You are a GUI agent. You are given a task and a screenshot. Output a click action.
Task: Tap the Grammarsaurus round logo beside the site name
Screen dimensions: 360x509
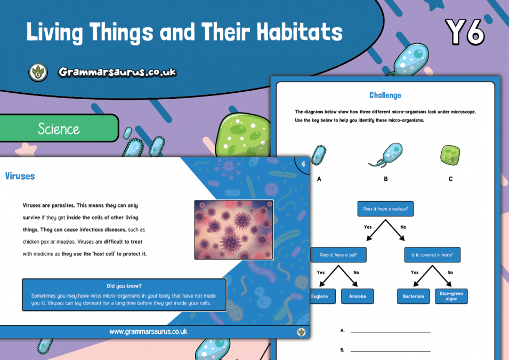click(38, 72)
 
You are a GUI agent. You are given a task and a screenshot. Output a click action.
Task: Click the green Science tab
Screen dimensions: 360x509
click(59, 129)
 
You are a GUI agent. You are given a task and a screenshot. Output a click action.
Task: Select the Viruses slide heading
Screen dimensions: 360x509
click(20, 175)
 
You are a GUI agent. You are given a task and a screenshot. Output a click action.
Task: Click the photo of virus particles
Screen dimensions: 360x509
click(233, 229)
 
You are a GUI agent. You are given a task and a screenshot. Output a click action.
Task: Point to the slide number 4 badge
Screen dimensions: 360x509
click(303, 164)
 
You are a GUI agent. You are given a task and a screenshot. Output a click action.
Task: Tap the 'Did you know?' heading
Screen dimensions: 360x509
click(124, 286)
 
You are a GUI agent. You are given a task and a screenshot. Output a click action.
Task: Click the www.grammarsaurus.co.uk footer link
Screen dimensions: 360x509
click(148, 331)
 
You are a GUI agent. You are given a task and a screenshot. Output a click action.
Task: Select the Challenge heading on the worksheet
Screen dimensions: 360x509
click(385, 95)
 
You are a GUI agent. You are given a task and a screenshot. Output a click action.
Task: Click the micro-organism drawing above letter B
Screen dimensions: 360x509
click(386, 155)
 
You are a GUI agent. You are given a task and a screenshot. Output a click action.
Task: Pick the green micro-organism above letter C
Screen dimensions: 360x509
click(450, 155)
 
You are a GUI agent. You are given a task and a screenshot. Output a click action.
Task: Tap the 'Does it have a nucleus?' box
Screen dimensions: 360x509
click(385, 209)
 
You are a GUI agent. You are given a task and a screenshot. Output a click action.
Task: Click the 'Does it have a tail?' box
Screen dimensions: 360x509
click(338, 255)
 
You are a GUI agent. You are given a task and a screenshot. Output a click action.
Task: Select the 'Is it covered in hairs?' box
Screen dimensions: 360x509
click(432, 255)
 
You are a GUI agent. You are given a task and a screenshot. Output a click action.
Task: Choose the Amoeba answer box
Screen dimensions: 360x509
click(357, 297)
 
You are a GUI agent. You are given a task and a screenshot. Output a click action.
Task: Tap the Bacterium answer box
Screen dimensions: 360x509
click(413, 297)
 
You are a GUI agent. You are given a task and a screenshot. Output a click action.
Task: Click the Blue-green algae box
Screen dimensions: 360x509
click(451, 296)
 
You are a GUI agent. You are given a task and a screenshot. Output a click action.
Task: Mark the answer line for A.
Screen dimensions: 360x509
click(390, 331)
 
